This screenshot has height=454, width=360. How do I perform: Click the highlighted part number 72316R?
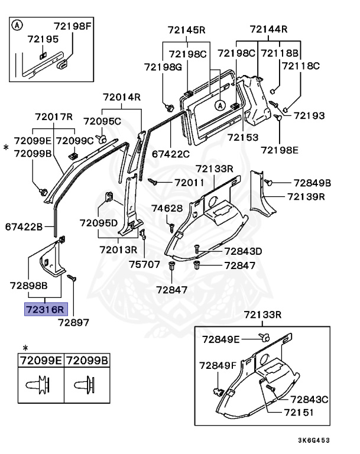coord(46,309)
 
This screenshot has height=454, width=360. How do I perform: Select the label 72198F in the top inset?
coord(73,26)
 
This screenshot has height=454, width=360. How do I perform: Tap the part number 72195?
coord(43,39)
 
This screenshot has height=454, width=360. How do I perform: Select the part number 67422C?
coord(170,154)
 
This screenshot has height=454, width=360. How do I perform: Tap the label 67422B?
coord(24,226)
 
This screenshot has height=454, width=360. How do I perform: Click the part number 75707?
coord(145,264)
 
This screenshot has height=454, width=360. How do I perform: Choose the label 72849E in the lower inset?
coord(220,339)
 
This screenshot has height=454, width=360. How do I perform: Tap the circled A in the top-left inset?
coord(18,26)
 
